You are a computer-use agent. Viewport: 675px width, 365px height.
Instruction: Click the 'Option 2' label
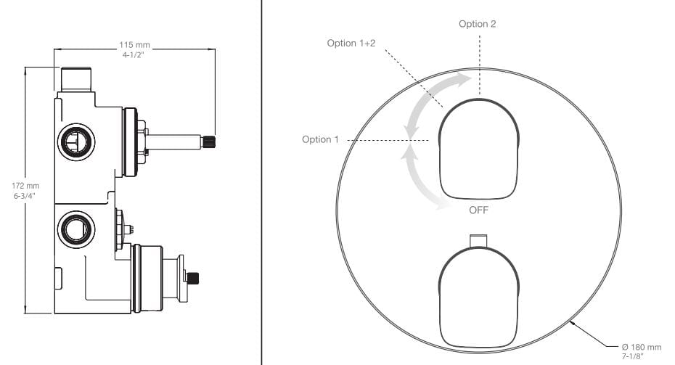(x=477, y=24)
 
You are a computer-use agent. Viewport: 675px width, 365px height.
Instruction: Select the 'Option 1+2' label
(x=351, y=43)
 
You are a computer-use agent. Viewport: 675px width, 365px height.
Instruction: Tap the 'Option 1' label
(x=320, y=139)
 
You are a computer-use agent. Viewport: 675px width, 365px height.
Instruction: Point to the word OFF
(x=479, y=210)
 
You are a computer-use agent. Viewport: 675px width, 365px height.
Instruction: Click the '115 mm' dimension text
(x=134, y=45)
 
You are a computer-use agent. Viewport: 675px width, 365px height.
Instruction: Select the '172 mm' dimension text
(x=25, y=186)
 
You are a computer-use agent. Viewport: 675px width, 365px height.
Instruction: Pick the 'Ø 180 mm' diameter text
(x=642, y=347)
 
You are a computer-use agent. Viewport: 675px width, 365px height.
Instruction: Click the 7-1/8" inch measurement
(x=632, y=356)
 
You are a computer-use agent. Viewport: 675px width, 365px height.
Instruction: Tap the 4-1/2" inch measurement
(x=133, y=55)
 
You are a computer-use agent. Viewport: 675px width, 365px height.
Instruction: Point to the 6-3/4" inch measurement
(x=25, y=196)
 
